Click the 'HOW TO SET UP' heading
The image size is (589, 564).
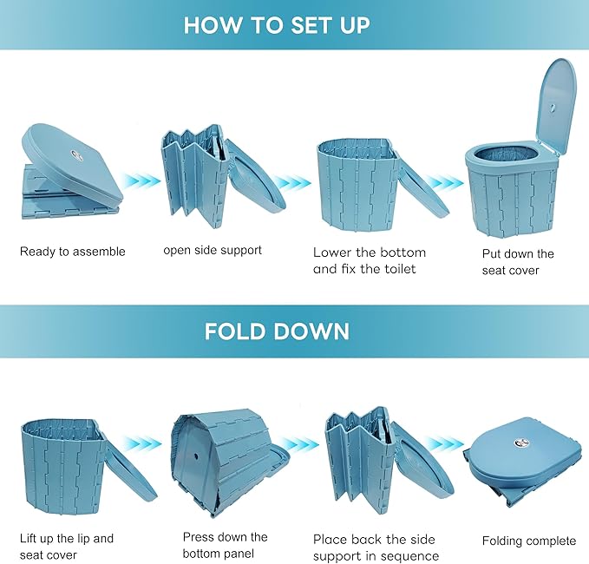click(277, 25)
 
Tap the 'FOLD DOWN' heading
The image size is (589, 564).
click(277, 331)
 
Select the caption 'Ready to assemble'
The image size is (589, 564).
click(73, 252)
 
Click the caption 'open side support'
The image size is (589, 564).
click(213, 250)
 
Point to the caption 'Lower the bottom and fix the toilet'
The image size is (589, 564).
click(370, 260)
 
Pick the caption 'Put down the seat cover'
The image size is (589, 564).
click(518, 262)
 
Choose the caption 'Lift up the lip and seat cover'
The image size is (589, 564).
click(67, 547)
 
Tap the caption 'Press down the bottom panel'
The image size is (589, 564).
click(225, 545)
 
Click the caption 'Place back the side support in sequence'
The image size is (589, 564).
click(376, 548)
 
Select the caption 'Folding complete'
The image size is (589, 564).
click(529, 541)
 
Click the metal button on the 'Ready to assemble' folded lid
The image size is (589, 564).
click(76, 155)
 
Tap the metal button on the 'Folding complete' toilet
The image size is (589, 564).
click(522, 443)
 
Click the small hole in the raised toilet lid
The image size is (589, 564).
click(553, 108)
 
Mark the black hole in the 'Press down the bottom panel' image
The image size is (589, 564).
click(196, 456)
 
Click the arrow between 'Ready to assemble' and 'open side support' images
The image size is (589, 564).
click(140, 180)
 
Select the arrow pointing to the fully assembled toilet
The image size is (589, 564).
click(446, 183)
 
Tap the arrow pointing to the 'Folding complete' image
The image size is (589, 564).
click(446, 443)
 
